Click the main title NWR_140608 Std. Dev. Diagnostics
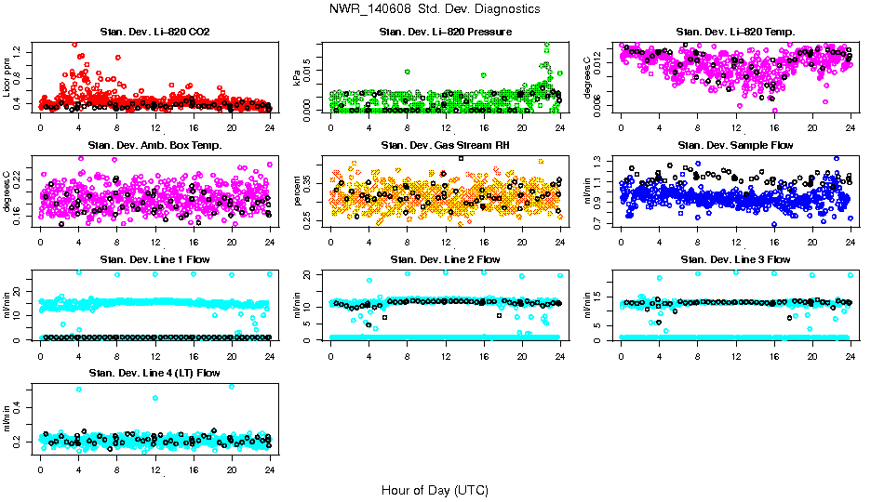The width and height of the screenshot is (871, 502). coord(435,9)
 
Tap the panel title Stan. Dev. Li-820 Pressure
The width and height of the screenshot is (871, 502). coord(445,32)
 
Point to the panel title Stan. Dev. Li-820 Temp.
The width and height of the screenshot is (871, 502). coord(735,32)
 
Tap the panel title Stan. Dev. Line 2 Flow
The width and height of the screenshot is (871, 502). coord(445,259)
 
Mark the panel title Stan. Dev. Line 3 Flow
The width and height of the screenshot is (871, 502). coord(735,259)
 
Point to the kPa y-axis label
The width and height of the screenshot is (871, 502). coord(298,77)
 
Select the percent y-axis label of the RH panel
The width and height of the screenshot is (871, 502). coord(298,191)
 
